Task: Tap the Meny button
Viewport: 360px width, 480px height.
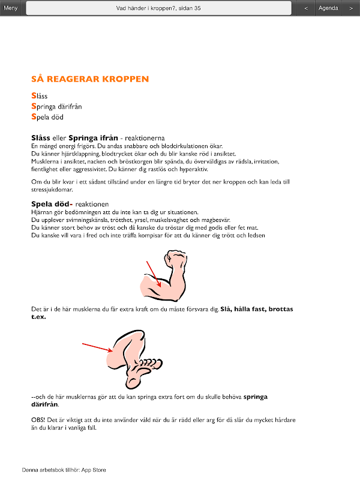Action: point(11,8)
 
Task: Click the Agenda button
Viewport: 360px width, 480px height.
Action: point(328,8)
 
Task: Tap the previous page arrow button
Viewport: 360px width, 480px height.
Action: point(306,8)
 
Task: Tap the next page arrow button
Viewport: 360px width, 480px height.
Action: point(351,8)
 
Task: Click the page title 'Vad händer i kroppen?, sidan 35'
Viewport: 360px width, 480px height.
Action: point(158,8)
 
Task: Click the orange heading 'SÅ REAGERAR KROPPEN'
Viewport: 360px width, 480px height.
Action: point(90,79)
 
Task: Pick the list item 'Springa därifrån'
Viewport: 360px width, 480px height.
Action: point(56,106)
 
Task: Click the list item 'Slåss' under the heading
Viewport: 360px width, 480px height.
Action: point(40,95)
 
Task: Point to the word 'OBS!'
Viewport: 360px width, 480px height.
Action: point(38,420)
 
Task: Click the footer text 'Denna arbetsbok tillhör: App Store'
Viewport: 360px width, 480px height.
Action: point(64,470)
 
